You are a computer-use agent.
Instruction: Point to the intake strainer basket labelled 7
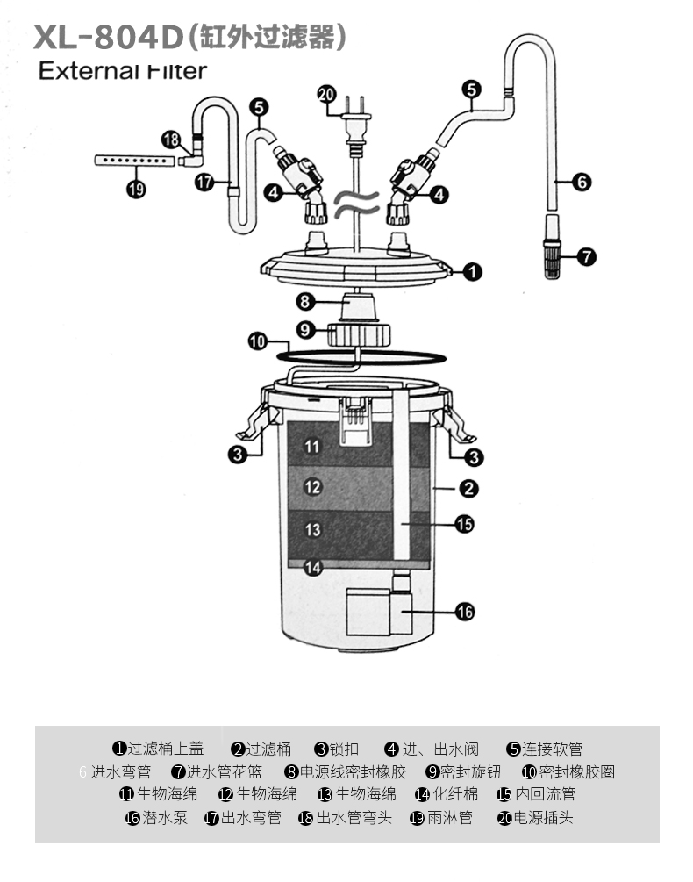(551, 256)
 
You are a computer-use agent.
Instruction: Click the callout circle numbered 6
(582, 183)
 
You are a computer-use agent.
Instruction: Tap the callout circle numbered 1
(472, 272)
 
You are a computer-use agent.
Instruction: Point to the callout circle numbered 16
(465, 612)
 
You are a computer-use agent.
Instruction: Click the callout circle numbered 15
(465, 524)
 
